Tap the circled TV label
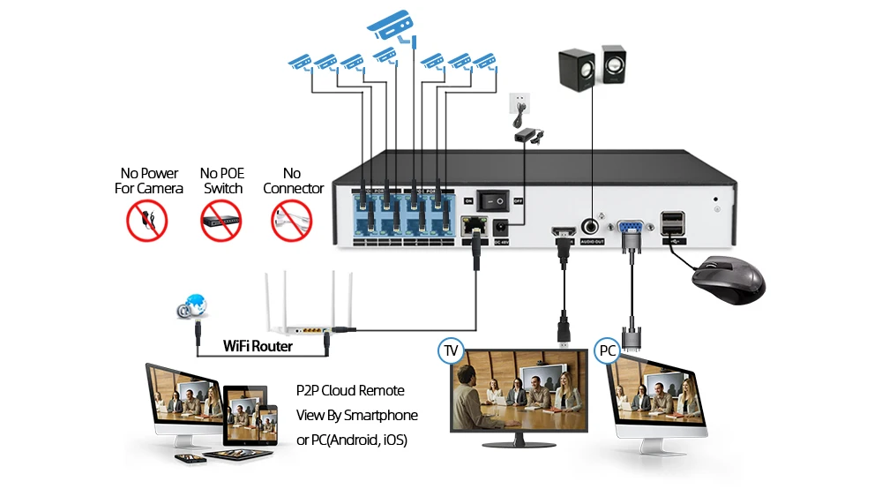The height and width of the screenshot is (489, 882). click(451, 351)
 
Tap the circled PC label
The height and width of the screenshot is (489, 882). click(607, 350)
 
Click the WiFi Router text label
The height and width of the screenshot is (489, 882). click(258, 346)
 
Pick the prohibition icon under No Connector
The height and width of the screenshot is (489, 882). click(292, 221)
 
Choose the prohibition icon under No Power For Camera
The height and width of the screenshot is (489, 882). click(147, 221)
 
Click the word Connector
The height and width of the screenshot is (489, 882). click(294, 188)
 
